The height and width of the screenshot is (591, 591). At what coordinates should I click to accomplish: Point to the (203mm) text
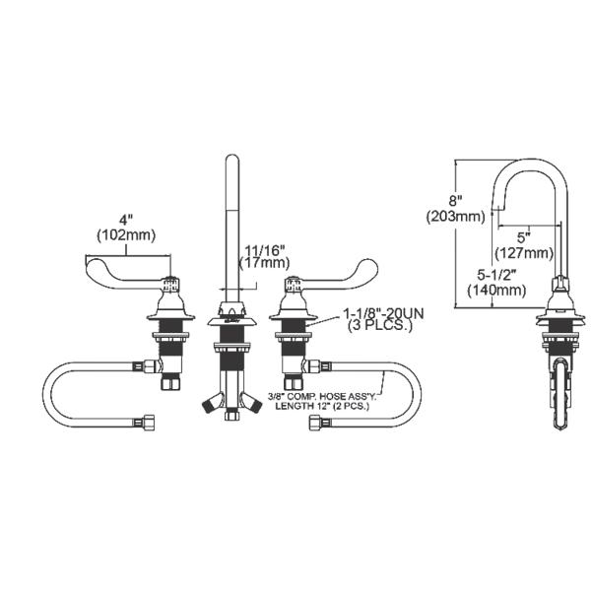point(454,217)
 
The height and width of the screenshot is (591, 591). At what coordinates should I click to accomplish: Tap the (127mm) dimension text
point(524,252)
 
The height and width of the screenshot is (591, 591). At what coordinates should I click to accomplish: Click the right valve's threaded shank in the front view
point(293,345)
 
